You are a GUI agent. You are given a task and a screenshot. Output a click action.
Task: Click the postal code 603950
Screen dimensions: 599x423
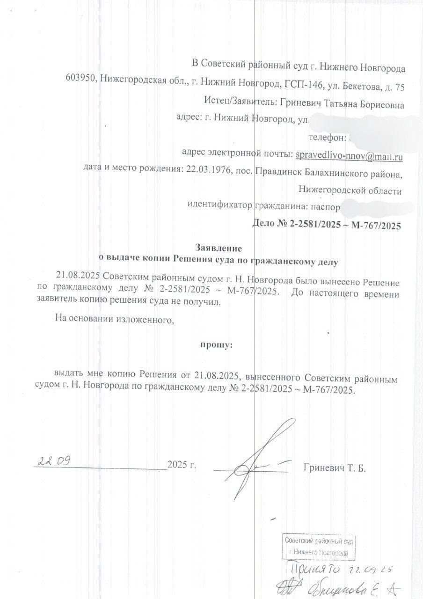click(80, 86)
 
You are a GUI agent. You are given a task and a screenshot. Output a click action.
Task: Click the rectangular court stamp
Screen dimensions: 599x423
click(319, 546)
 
